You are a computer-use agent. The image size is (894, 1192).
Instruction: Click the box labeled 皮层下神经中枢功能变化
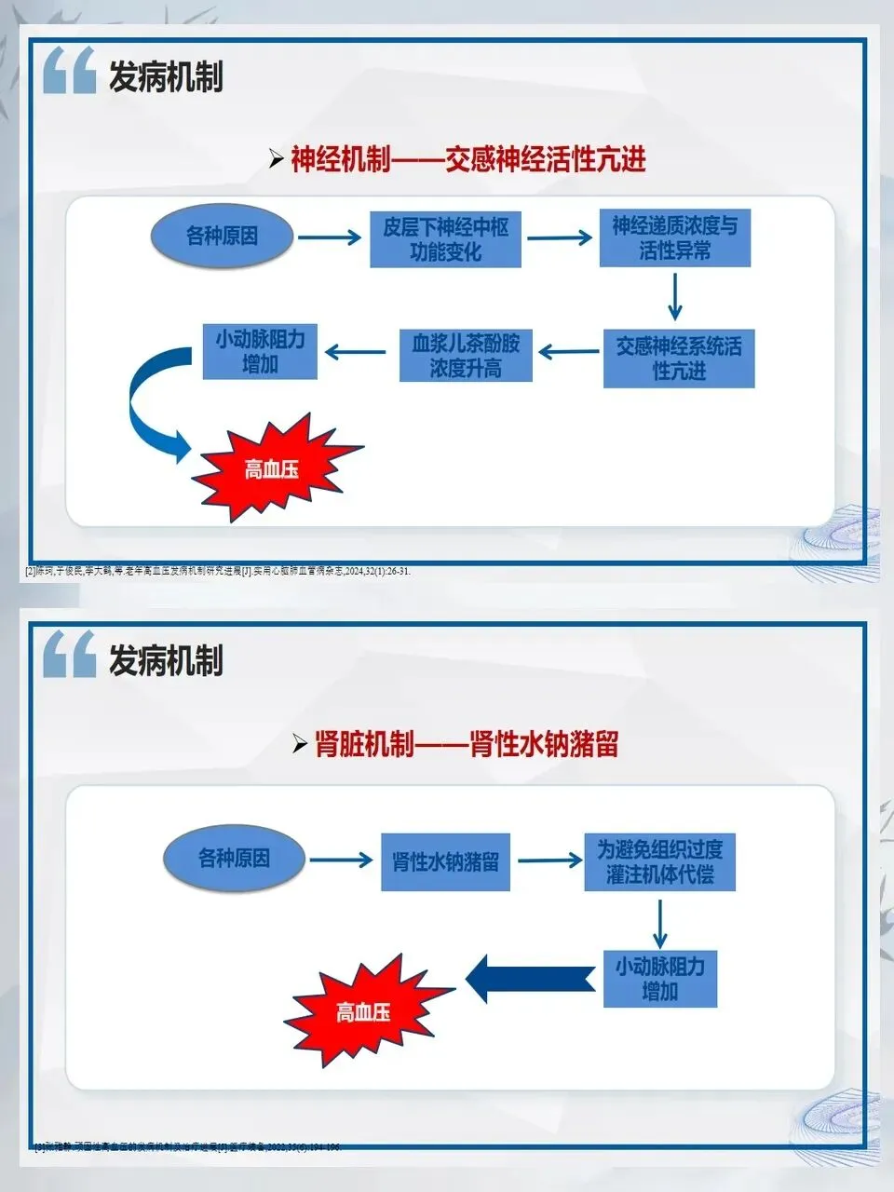[445, 239]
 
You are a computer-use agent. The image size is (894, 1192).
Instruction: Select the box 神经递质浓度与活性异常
[674, 238]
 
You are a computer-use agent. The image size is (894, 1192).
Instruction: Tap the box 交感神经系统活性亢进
[678, 358]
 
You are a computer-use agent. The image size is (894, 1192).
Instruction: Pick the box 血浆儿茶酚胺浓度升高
[466, 356]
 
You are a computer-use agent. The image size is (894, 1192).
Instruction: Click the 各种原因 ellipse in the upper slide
[222, 237]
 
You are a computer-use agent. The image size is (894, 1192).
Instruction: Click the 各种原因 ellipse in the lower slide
[234, 858]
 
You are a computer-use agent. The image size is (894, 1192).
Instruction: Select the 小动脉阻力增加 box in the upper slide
[260, 351]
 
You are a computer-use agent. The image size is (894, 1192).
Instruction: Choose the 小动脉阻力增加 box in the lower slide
[659, 979]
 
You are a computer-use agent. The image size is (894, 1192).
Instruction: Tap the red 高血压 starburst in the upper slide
[273, 468]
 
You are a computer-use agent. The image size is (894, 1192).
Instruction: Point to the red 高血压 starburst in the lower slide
[364, 1011]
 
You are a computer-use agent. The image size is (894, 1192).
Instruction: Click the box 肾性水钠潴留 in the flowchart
[445, 861]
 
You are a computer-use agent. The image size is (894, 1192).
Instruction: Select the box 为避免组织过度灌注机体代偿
[659, 861]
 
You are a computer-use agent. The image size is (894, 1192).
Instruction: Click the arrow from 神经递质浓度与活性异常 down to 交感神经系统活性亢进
[675, 298]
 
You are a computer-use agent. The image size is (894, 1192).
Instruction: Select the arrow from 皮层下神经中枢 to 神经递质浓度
[559, 238]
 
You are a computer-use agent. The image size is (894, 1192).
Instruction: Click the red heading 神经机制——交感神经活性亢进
[467, 159]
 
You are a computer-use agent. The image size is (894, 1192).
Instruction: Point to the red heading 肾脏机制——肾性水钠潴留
[466, 745]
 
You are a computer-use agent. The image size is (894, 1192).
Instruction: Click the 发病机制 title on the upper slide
[166, 76]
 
